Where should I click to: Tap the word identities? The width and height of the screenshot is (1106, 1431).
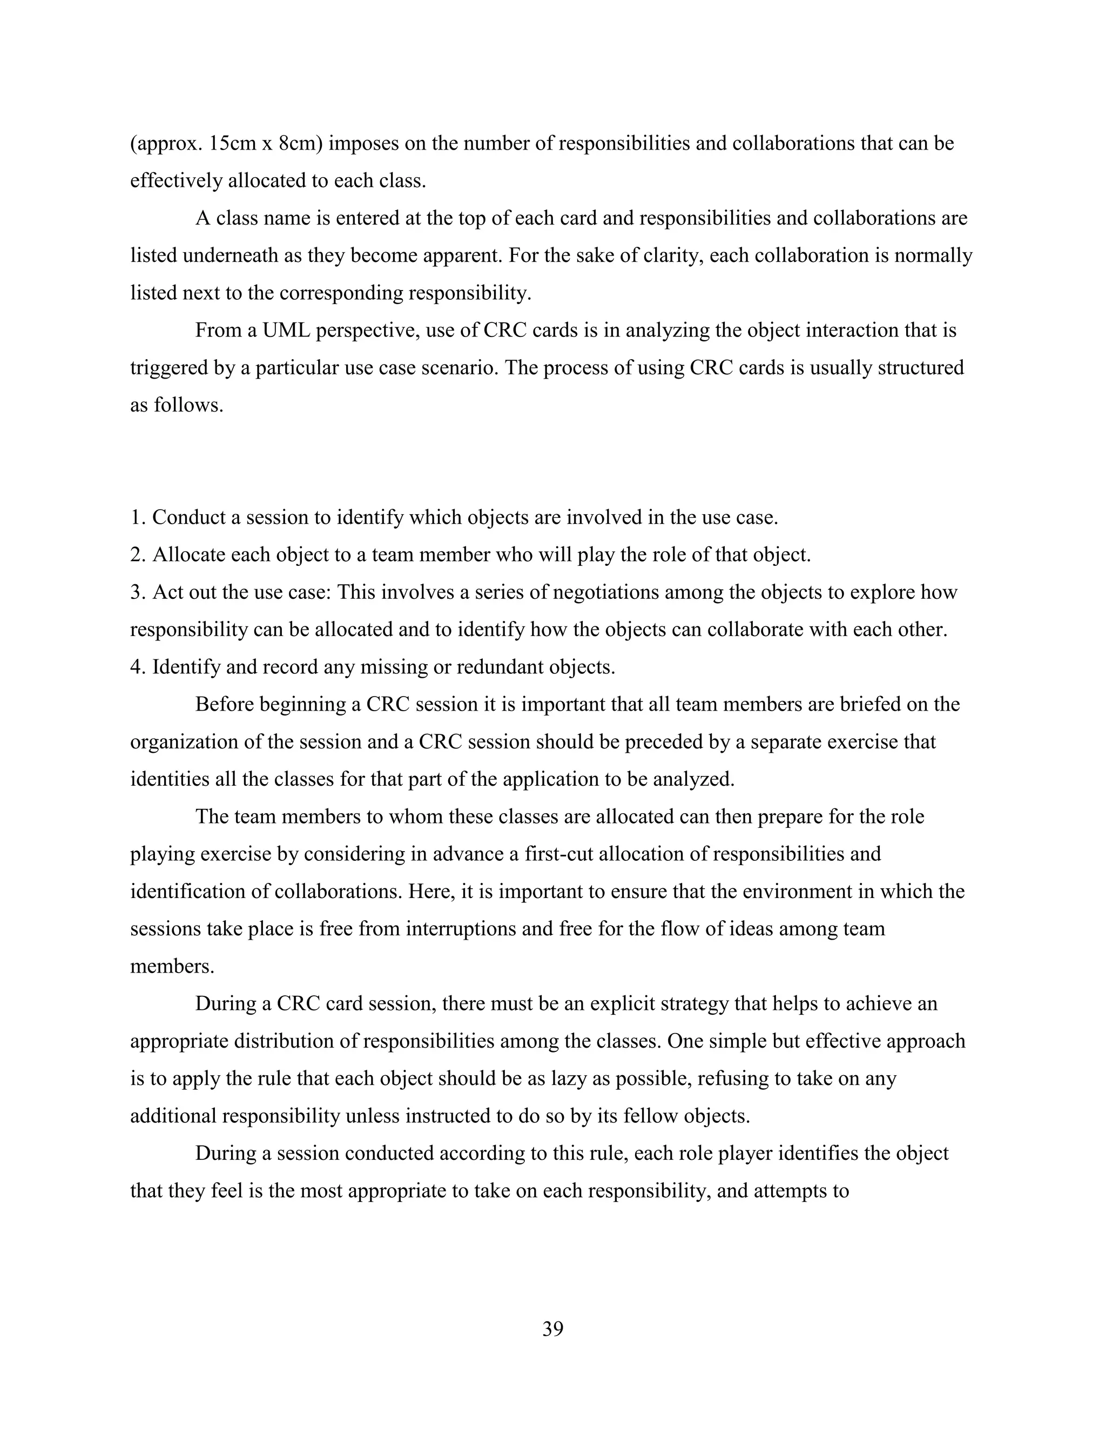click(x=166, y=779)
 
